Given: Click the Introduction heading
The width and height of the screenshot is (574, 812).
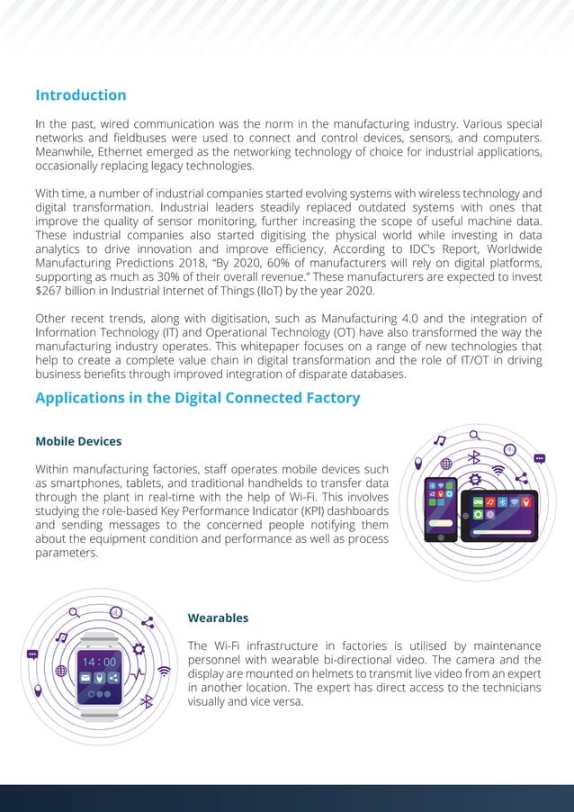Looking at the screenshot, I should (80, 95).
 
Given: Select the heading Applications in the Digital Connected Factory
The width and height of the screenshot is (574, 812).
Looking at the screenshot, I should (197, 398).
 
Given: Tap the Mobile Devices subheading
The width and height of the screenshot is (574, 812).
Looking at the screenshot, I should (78, 441).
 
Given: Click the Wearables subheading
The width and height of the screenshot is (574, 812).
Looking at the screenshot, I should (218, 618).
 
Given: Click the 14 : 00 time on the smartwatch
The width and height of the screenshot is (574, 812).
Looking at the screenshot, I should (99, 662).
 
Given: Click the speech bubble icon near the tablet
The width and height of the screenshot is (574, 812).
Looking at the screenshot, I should (539, 458).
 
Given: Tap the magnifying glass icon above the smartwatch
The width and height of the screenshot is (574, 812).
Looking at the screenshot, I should (74, 612).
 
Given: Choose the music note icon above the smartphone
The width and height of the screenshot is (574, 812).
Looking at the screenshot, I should (440, 440).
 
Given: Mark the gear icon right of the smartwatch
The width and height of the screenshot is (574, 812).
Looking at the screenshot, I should (139, 648).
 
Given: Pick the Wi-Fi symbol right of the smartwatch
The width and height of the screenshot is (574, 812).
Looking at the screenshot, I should (164, 671).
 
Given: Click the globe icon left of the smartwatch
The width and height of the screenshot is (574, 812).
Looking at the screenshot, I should (61, 671).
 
